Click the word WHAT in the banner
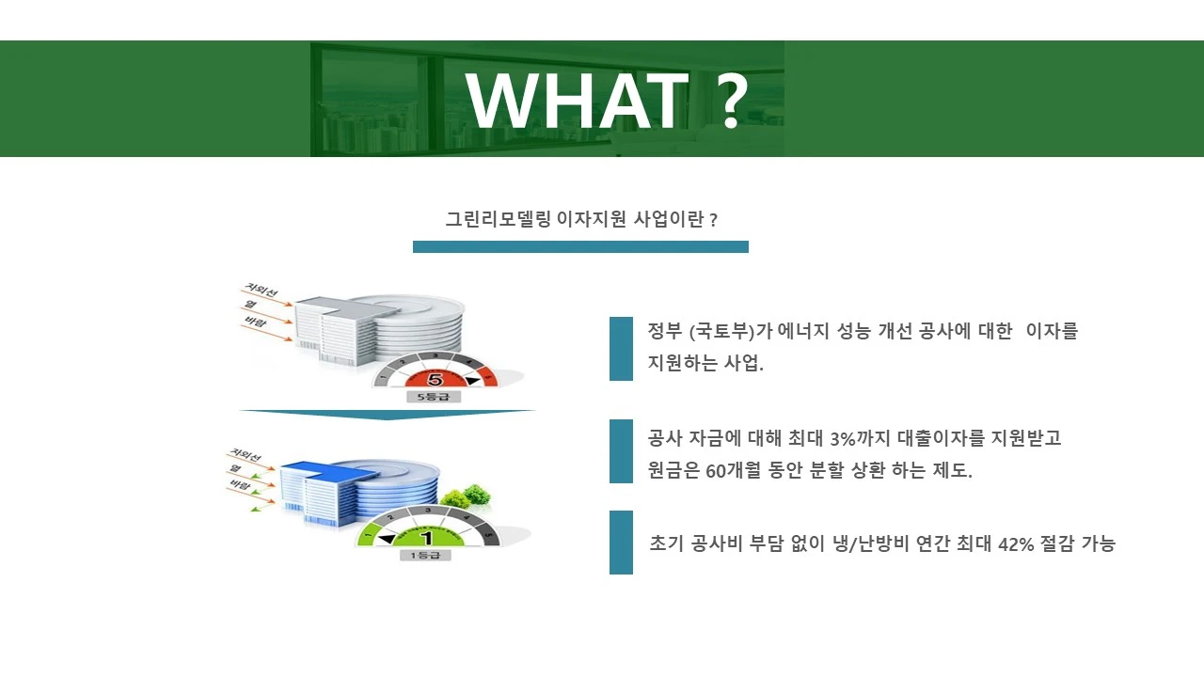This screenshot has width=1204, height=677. (x=577, y=101)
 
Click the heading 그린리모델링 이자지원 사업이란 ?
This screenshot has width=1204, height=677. (x=581, y=220)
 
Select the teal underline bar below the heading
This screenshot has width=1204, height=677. (x=580, y=246)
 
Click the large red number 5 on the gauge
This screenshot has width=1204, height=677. (x=435, y=380)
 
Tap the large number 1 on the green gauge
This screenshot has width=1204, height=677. (x=426, y=538)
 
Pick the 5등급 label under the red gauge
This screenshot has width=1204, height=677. (x=434, y=397)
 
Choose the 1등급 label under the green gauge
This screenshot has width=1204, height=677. (x=425, y=555)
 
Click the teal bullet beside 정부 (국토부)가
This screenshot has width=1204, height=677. (x=621, y=348)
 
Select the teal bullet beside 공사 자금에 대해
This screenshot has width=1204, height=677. (x=621, y=451)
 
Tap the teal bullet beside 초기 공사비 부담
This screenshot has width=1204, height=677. (x=621, y=543)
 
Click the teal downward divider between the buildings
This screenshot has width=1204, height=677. (x=387, y=414)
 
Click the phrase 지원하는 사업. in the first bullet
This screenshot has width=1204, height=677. (x=705, y=364)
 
